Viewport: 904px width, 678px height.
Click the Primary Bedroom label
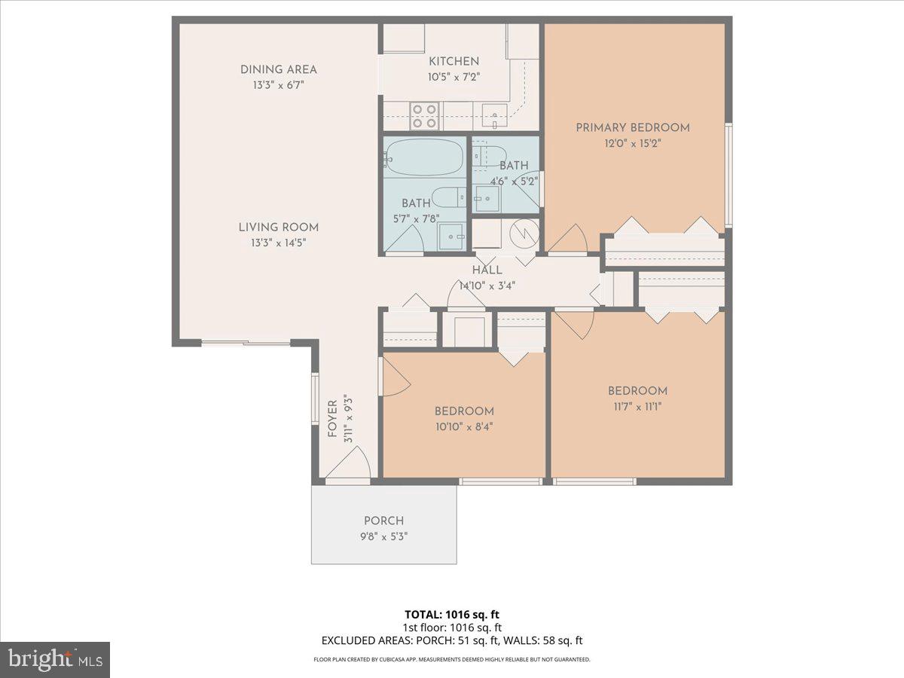click(633, 127)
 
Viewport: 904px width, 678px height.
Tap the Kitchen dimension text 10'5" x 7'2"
click(454, 76)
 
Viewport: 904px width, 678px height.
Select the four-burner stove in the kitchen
click(425, 115)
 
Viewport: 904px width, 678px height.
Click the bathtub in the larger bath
click(423, 158)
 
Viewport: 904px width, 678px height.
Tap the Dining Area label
click(279, 69)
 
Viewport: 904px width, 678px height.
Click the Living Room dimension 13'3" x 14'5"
click(279, 243)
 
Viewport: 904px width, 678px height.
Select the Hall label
click(487, 270)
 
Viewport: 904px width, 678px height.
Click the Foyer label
click(332, 420)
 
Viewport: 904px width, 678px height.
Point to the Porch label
click(383, 521)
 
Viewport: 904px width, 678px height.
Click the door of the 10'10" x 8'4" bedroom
click(395, 377)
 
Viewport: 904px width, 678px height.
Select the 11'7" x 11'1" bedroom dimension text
click(637, 407)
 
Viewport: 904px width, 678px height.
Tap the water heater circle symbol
click(522, 231)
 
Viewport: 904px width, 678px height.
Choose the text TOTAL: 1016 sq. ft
click(452, 615)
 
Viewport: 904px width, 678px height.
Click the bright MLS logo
click(55, 660)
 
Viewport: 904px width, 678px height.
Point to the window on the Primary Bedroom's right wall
click(728, 174)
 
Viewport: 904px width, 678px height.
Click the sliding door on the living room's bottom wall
click(246, 344)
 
